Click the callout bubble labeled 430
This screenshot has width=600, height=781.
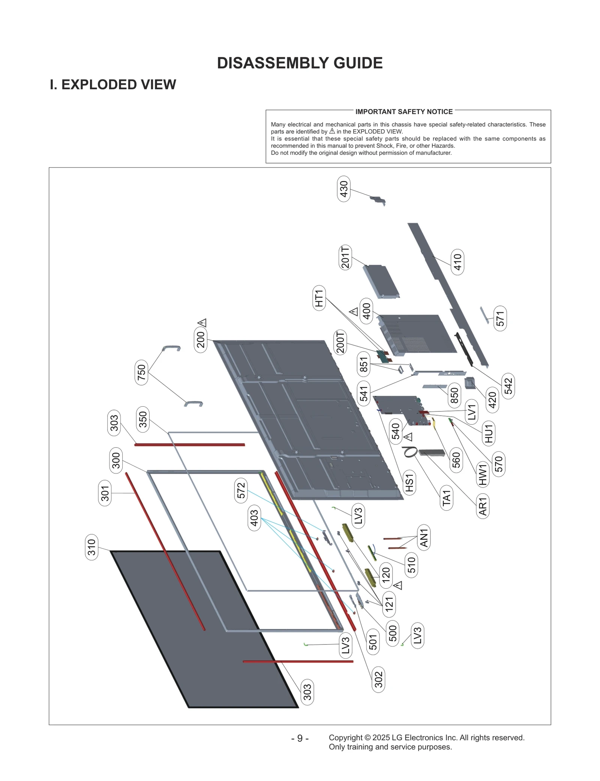click(344, 189)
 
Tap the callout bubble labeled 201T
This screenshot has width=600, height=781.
click(345, 257)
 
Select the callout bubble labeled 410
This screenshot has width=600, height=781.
click(457, 262)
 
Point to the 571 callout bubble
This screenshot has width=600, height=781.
click(500, 318)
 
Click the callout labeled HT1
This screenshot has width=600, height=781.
click(319, 298)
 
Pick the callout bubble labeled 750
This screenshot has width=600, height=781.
click(141, 372)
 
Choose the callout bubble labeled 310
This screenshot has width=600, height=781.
click(92, 547)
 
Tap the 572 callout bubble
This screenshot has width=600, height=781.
click(241, 490)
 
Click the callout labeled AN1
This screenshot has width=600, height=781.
click(424, 537)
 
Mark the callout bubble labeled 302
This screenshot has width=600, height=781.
click(378, 679)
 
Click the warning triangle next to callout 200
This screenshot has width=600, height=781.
click(202, 322)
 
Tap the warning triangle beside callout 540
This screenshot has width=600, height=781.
click(408, 437)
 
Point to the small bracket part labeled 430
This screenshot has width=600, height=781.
click(378, 199)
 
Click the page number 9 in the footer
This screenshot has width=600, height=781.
click(300, 738)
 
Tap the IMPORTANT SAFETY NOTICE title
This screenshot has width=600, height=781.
click(404, 112)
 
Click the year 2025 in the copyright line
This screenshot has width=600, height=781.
click(381, 738)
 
